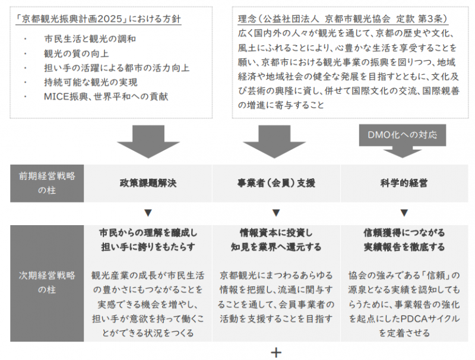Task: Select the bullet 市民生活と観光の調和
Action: tap(90, 40)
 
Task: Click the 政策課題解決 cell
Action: tap(148, 184)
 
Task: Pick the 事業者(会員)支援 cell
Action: tap(275, 184)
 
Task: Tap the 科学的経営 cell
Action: tap(404, 184)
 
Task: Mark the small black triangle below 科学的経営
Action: tap(404, 212)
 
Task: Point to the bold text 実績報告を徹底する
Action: tap(404, 247)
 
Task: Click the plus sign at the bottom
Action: tap(275, 352)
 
